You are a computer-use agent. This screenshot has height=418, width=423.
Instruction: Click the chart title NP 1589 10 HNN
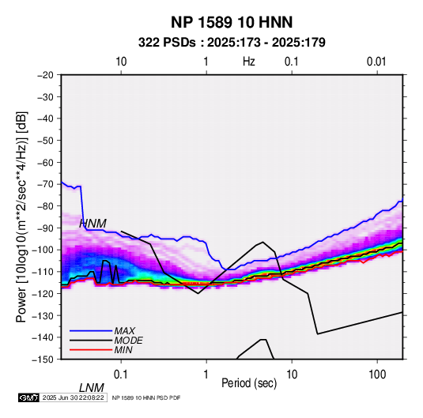tap(232, 22)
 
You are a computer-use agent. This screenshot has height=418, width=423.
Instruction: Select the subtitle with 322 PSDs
tap(232, 43)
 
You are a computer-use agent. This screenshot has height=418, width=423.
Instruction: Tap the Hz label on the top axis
tap(249, 62)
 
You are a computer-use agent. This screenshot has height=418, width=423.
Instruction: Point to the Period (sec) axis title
tap(249, 383)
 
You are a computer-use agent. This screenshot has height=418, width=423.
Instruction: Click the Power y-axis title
tap(21, 217)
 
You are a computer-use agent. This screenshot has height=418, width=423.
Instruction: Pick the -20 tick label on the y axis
tap(45, 75)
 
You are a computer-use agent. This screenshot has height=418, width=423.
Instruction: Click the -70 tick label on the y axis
tap(45, 184)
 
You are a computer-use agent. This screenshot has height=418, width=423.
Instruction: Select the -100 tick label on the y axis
tap(43, 250)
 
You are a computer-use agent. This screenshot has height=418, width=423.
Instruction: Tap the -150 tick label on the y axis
tap(43, 360)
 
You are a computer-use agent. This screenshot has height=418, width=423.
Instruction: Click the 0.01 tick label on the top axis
tap(376, 62)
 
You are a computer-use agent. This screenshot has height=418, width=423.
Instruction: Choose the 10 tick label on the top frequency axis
tap(121, 62)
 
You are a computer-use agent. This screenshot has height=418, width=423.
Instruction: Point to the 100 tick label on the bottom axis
tap(377, 374)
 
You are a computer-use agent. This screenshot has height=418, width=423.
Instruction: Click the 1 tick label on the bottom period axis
tap(206, 374)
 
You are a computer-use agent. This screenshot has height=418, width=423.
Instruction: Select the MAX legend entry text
tap(124, 331)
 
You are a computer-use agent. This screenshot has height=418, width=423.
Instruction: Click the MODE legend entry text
tap(128, 341)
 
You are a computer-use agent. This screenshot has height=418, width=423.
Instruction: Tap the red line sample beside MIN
tap(91, 350)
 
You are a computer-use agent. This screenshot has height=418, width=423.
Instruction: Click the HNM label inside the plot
tap(93, 224)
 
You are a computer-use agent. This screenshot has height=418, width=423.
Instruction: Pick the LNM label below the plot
tap(92, 388)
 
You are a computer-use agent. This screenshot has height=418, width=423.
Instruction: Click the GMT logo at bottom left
tap(29, 397)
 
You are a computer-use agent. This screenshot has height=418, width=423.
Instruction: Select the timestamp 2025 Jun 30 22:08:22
tap(73, 397)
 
